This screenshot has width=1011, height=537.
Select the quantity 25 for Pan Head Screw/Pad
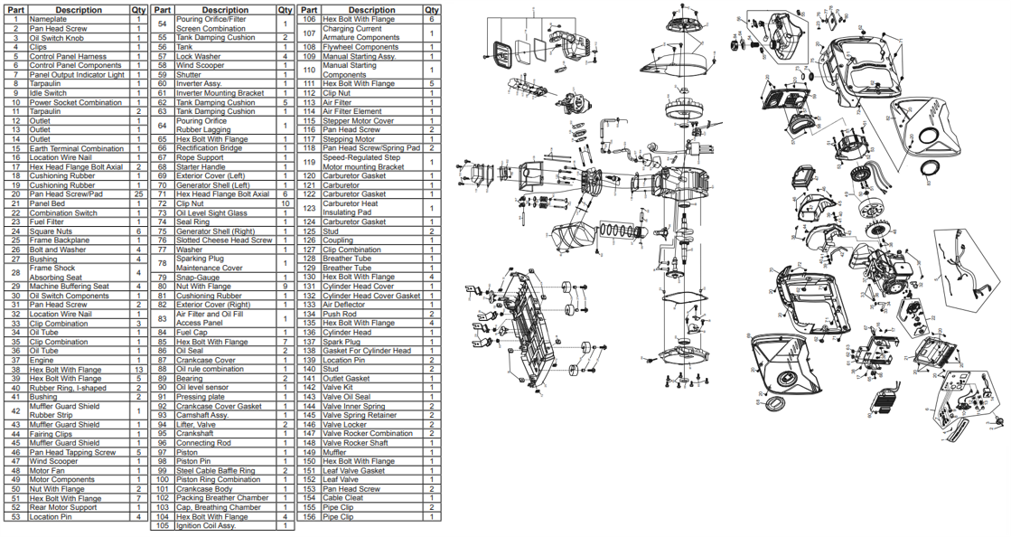[138, 194]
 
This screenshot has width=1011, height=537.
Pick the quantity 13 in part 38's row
[138, 370]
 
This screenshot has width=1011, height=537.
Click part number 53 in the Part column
[15, 516]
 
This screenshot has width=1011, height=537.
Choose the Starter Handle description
[201, 167]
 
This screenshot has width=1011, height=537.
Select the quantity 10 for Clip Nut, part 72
[285, 203]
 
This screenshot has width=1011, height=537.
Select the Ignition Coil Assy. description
[206, 525]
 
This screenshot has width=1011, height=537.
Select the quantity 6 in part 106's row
[432, 19]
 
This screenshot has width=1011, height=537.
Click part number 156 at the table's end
[309, 516]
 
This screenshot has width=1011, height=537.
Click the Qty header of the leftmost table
[138, 10]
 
